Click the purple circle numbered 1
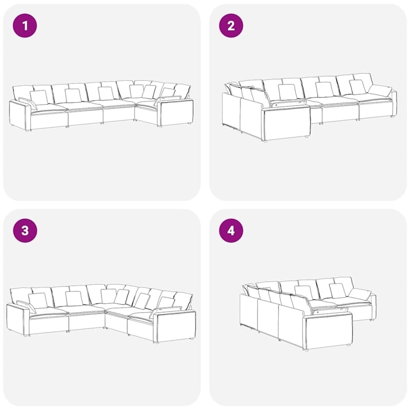coord(25,25)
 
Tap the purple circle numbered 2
coord(231,25)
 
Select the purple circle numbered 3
coord(25,230)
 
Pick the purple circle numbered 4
coord(231,230)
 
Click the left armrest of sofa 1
coord(20,115)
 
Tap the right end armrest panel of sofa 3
coord(175,326)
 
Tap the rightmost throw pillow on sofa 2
coord(379,91)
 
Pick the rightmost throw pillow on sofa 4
coord(360,294)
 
